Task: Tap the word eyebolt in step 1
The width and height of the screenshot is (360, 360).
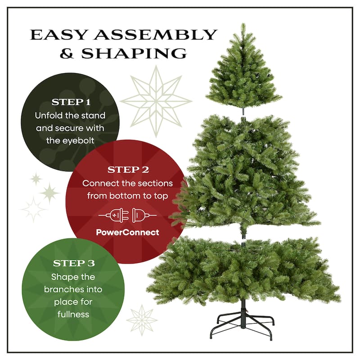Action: pos(77,140)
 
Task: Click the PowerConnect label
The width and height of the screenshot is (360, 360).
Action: pos(128,233)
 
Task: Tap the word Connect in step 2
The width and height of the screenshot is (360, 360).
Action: pos(99,184)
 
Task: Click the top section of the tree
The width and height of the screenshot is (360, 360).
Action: pos(243,74)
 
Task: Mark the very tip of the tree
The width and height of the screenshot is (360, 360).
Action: pos(243,25)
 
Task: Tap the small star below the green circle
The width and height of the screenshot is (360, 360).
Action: pos(142,320)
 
